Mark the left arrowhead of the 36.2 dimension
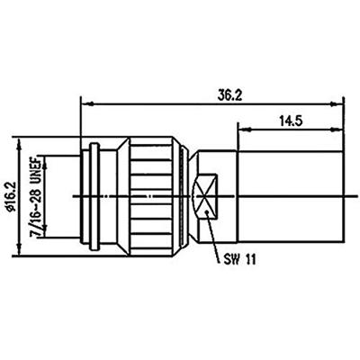(x=85, y=102)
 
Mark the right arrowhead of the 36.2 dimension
(x=346, y=102)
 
